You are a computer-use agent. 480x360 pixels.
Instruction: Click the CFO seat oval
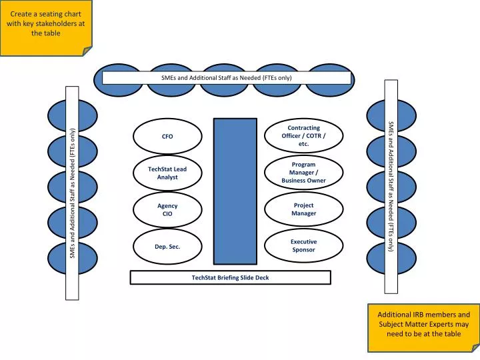(x=167, y=136)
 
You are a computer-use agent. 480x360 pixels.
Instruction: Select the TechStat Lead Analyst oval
(x=167, y=173)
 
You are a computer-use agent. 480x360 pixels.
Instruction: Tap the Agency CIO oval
(x=167, y=210)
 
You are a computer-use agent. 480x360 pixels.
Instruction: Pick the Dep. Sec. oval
(x=167, y=246)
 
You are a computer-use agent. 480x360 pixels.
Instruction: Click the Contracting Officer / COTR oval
(x=304, y=136)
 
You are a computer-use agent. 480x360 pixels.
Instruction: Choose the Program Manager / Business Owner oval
(x=304, y=173)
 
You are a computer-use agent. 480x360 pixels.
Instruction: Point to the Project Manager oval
(x=304, y=209)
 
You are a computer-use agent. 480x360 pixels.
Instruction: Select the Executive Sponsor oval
(x=304, y=245)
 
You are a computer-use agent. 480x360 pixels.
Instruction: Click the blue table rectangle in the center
(x=235, y=191)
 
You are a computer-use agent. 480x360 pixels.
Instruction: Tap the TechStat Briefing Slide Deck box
(x=230, y=277)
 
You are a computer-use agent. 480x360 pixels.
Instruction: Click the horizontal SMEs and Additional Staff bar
(x=227, y=78)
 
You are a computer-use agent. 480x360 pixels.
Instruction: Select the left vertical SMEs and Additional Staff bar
(x=71, y=192)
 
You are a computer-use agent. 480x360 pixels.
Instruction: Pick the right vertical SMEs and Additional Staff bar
(x=391, y=187)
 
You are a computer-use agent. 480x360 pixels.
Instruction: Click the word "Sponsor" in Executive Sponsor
(x=304, y=250)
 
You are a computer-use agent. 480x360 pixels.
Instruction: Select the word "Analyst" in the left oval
(x=167, y=177)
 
